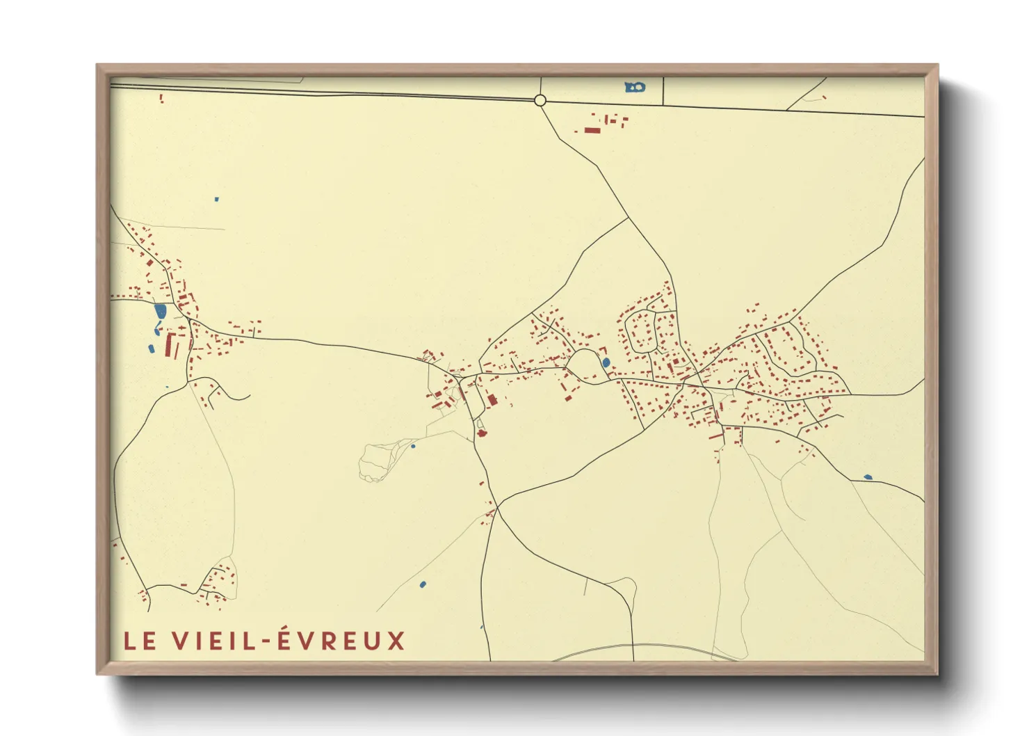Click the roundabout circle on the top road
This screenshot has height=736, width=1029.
pos(540,101)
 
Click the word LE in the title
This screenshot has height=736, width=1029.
pos(140,641)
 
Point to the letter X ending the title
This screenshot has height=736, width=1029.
pos(396,641)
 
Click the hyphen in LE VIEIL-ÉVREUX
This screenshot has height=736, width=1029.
pos(265,641)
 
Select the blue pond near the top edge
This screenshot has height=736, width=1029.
pos(635,87)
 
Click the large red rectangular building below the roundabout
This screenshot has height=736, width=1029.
pos(592,130)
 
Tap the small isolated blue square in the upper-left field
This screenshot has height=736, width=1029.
pos(217,200)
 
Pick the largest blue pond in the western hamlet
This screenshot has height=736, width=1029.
pos(161,311)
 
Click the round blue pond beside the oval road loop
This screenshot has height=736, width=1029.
pos(606,362)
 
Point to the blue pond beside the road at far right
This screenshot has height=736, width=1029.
pos(867,477)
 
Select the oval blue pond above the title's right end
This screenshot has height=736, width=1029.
pos(423,584)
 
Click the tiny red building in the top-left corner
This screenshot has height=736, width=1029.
pos(161,99)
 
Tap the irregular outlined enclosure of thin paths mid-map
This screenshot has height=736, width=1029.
pos(376,461)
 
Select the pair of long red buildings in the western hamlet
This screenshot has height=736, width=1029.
pos(171,346)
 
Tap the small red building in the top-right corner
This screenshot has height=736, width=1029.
pos(825,97)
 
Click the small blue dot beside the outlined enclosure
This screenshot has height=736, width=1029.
pos(413,446)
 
